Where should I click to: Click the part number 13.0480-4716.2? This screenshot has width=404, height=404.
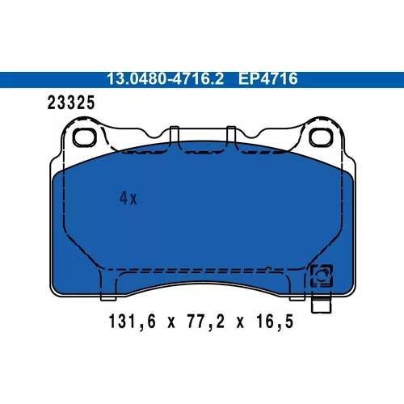[165, 78]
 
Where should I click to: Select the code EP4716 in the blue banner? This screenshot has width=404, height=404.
[267, 78]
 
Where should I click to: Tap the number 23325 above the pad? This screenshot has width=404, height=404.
[71, 103]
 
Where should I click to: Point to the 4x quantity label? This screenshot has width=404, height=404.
[128, 199]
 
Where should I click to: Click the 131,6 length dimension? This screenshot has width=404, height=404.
[133, 322]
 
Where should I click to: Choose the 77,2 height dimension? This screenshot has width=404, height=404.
[206, 322]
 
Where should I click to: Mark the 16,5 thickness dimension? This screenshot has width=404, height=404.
[275, 322]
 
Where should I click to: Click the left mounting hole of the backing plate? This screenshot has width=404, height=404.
[84, 137]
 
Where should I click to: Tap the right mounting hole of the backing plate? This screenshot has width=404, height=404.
[321, 137]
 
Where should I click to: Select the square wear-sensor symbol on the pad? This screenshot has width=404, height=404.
[322, 276]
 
